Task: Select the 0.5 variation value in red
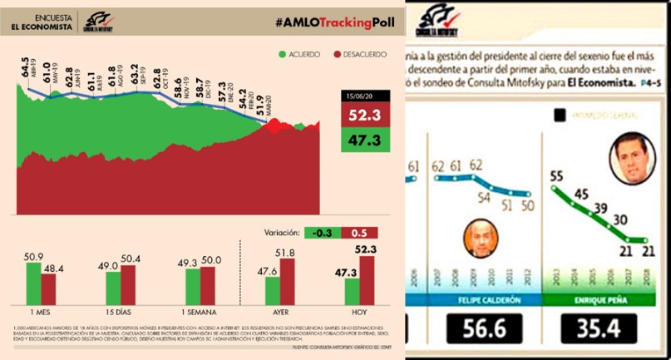coord(358,232)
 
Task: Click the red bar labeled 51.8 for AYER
coord(289,280)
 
